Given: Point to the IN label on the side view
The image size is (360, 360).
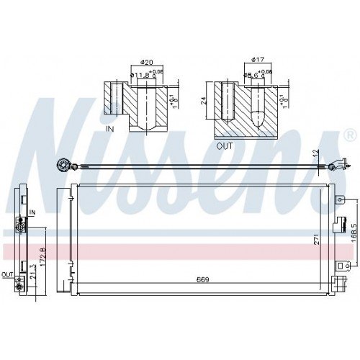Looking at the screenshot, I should [x=32, y=212].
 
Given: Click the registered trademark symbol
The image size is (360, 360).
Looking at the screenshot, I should [x=350, y=135].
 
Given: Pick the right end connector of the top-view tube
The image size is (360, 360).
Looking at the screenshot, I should [x=333, y=167].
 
